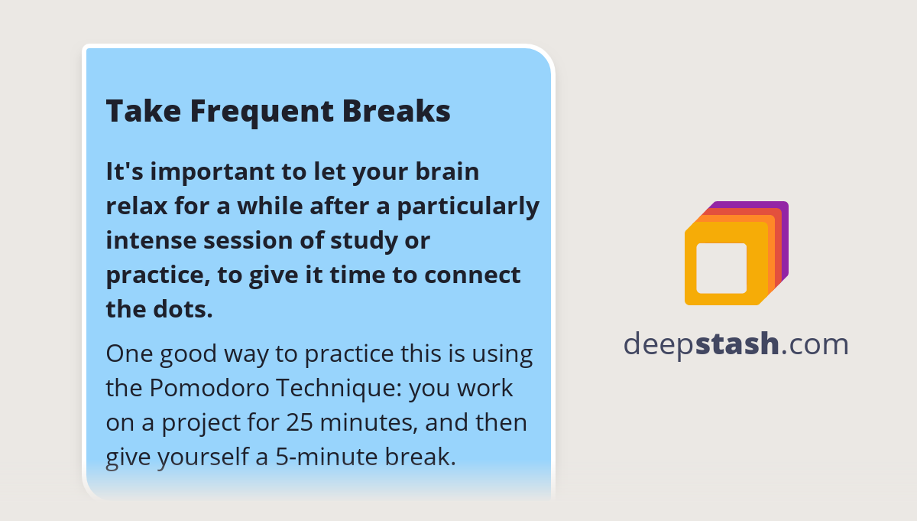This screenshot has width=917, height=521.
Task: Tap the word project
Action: coord(177,424)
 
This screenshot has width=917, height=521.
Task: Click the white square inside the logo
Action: coord(721,268)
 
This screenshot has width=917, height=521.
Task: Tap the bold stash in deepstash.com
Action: coord(737,344)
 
